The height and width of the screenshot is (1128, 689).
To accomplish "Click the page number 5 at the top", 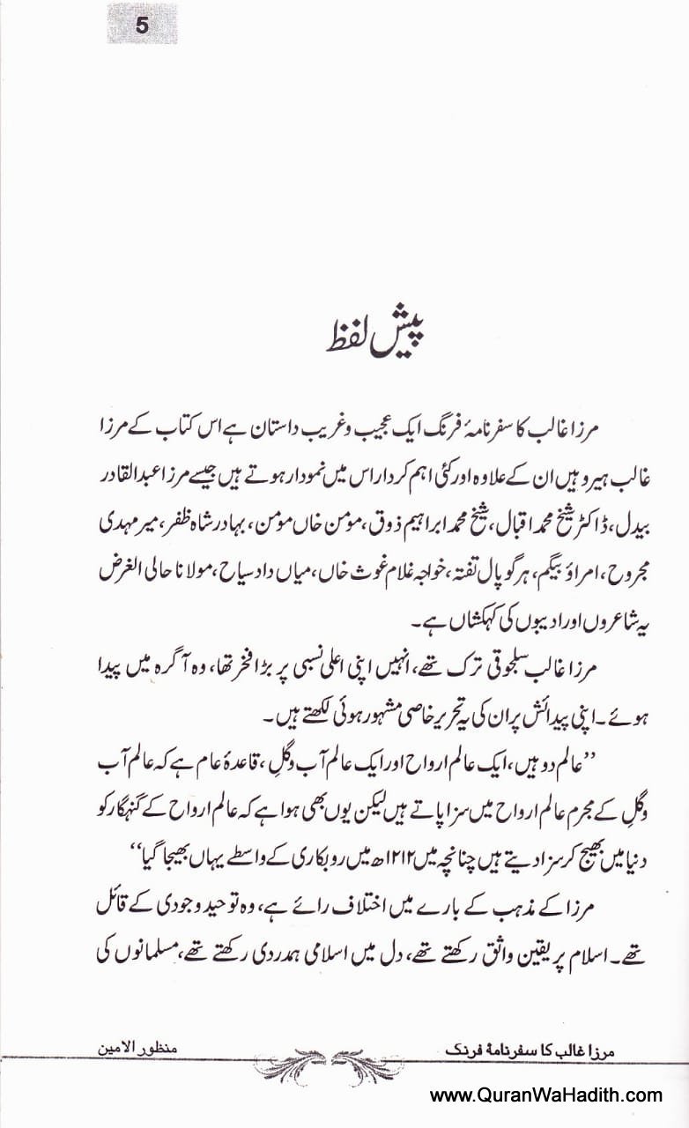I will click(x=142, y=25).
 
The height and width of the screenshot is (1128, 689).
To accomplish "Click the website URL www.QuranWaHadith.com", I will click(x=545, y=1095).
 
